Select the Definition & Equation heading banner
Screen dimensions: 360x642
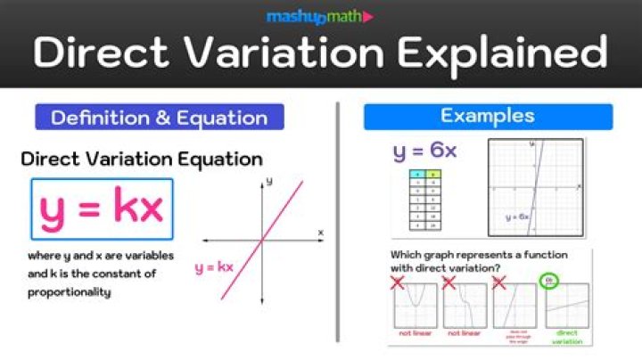159,117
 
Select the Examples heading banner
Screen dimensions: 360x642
488,116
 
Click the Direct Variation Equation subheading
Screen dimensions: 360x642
142,160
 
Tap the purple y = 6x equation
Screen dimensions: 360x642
424,151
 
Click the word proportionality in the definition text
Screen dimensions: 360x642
69,291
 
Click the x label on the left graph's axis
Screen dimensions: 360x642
321,233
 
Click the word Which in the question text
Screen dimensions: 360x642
407,255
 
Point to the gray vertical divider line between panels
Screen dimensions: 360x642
338,223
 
